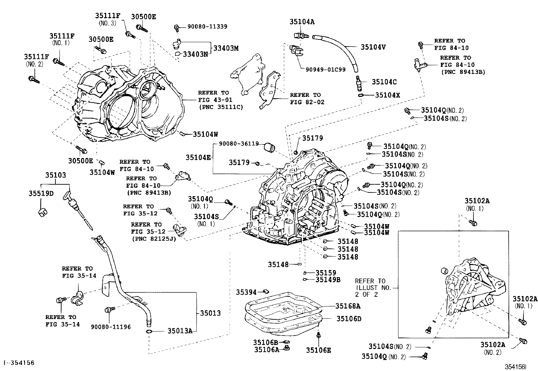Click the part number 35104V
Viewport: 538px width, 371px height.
373,47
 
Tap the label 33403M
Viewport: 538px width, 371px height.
226,48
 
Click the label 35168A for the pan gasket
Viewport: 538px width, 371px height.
348,306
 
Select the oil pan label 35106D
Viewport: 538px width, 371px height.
349,319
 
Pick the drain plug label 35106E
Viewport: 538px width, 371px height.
319,350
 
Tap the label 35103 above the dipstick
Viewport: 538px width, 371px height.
56,175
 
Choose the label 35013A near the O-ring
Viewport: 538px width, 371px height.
180,331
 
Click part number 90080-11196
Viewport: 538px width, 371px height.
111,327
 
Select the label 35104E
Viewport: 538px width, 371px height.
198,157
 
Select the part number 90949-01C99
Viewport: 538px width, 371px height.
325,70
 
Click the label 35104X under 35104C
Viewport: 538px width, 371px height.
387,96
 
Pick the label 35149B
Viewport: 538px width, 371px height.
328,280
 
